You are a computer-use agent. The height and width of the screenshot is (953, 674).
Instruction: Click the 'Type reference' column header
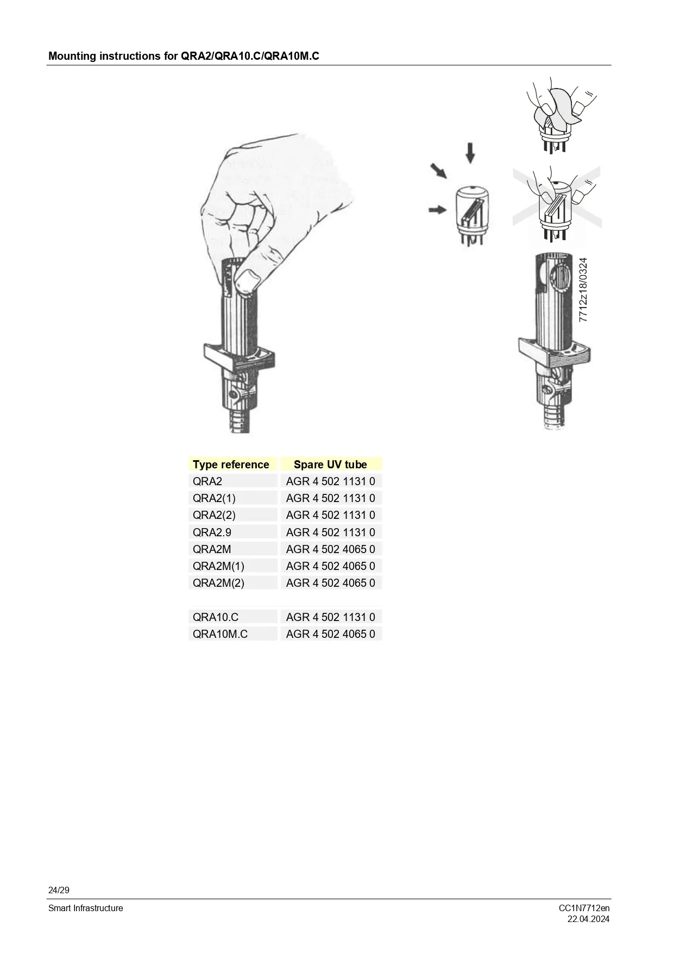pyautogui.click(x=231, y=465)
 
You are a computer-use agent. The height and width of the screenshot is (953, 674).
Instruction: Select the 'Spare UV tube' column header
pyautogui.click(x=330, y=465)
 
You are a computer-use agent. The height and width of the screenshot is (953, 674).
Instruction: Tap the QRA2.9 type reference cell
pyautogui.click(x=212, y=532)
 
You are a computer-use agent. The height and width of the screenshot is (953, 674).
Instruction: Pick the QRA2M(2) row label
pyautogui.click(x=218, y=583)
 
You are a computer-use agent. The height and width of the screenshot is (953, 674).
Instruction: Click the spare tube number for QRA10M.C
pyautogui.click(x=330, y=634)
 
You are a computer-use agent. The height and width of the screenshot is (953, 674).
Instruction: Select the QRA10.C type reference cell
pyautogui.click(x=216, y=617)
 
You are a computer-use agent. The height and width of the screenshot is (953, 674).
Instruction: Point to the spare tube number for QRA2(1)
pyautogui.click(x=330, y=498)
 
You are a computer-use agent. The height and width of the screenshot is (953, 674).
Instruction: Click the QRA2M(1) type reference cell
pyautogui.click(x=218, y=566)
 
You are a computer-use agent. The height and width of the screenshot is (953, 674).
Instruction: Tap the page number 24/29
pyautogui.click(x=59, y=890)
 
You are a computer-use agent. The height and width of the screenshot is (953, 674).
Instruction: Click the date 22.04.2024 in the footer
pyautogui.click(x=589, y=919)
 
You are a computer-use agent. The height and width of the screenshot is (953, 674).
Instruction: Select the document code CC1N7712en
pyautogui.click(x=584, y=908)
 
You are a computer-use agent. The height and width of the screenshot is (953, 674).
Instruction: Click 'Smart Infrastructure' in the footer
pyautogui.click(x=86, y=908)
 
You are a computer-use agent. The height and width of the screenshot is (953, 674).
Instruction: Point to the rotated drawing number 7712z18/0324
pyautogui.click(x=583, y=290)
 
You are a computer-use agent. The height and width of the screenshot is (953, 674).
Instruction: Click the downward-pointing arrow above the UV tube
pyautogui.click(x=470, y=153)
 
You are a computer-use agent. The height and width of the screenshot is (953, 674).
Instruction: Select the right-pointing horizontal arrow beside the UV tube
pyautogui.click(x=438, y=209)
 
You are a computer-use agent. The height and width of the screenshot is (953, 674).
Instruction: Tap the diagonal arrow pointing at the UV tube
pyautogui.click(x=439, y=171)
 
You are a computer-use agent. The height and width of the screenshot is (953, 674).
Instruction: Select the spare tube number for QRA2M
pyautogui.click(x=330, y=549)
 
